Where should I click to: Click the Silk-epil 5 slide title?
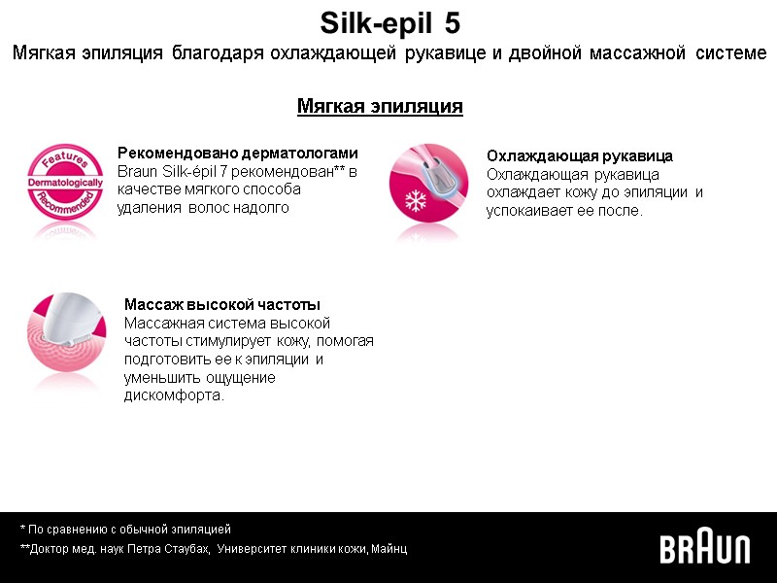[389, 21]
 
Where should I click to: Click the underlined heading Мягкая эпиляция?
[380, 106]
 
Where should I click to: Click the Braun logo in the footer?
[705, 549]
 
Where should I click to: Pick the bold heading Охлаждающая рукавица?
[580, 156]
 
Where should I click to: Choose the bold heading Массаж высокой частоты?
[222, 305]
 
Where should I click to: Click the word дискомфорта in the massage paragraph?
[173, 395]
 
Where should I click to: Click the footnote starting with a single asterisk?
[125, 530]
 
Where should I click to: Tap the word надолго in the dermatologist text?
[263, 208]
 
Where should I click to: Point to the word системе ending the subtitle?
[731, 52]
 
